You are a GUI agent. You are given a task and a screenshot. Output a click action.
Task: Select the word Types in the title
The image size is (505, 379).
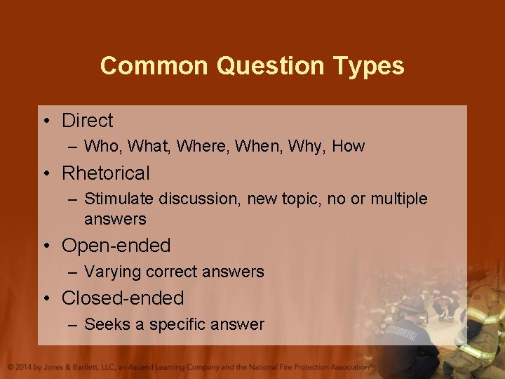point(370,66)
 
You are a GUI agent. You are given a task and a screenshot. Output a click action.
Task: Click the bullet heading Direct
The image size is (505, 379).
point(87,121)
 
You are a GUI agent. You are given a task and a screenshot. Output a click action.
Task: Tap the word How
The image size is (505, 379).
point(349,147)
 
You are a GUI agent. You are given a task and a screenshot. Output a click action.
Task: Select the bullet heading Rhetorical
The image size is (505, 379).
point(106,173)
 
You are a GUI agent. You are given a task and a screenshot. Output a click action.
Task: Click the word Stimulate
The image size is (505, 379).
point(119,199)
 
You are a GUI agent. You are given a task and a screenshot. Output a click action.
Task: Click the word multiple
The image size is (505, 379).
point(398,199)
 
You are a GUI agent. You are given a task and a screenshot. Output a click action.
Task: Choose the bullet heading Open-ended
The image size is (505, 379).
point(116,246)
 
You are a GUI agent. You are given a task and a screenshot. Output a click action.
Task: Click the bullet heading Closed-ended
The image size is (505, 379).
point(123,298)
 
